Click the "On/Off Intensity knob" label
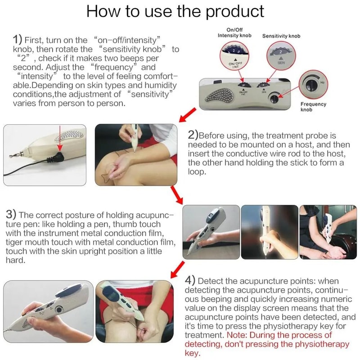click(x=234, y=32)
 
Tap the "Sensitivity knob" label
click(x=281, y=35)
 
